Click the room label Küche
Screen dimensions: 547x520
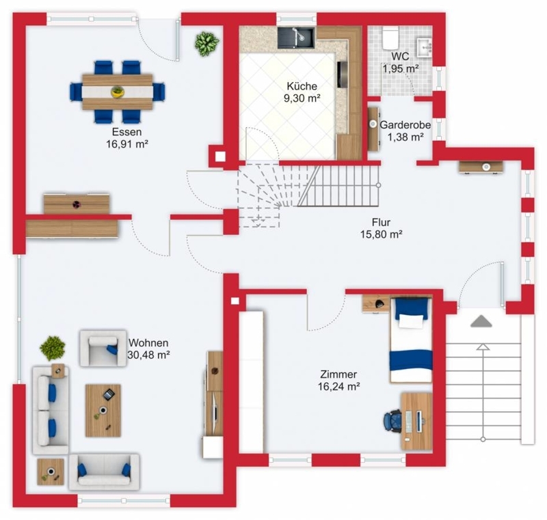(302, 86)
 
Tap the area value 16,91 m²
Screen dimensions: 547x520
(127, 144)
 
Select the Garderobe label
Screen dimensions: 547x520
(405, 125)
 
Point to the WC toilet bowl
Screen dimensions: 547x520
(390, 38)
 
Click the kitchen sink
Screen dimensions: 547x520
(296, 38)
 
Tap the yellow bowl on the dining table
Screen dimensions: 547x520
(118, 92)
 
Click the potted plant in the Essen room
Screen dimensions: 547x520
(207, 44)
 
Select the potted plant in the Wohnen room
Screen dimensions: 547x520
(53, 348)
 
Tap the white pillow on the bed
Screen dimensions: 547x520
(411, 321)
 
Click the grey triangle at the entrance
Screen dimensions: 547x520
(481, 321)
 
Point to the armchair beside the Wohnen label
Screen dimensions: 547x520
(103, 348)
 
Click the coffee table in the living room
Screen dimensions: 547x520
(103, 411)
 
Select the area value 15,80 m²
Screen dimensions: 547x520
(382, 234)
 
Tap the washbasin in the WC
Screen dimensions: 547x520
(424, 46)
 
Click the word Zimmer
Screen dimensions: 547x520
(338, 374)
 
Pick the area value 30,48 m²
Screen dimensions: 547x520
(148, 355)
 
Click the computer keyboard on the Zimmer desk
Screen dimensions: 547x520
(409, 422)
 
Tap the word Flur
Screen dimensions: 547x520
(381, 222)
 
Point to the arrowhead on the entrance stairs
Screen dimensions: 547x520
(483, 346)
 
